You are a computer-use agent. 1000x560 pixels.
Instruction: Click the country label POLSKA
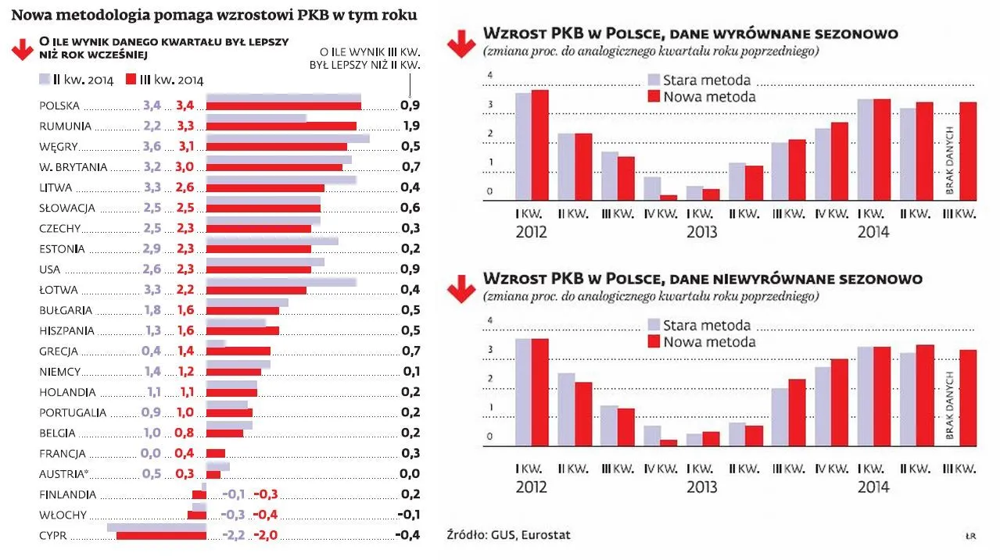59,105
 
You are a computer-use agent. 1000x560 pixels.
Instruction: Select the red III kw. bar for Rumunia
281,126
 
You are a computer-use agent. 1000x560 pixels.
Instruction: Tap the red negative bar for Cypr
161,536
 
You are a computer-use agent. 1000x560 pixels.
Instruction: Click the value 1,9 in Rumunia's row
409,126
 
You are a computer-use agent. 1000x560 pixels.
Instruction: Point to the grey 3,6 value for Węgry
152,146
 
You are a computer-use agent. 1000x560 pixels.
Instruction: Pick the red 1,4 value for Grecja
185,351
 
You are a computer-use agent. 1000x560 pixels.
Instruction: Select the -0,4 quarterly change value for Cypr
407,535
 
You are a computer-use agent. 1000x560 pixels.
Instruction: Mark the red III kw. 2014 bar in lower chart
968,398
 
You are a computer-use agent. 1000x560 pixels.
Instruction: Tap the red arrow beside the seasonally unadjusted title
461,289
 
